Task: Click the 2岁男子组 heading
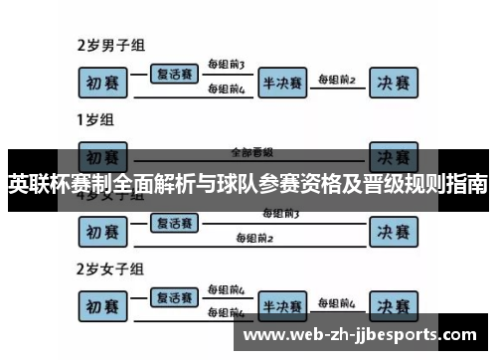pyautogui.click(x=111, y=45)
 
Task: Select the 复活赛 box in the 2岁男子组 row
pyautogui.click(x=176, y=73)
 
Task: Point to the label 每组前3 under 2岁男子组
pyautogui.click(x=226, y=65)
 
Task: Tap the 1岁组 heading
pyautogui.click(x=95, y=120)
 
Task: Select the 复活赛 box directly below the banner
pyautogui.click(x=176, y=224)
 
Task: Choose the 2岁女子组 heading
pyautogui.click(x=111, y=269)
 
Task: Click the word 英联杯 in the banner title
pyautogui.click(x=37, y=185)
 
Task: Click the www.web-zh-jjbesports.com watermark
pyautogui.click(x=365, y=334)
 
